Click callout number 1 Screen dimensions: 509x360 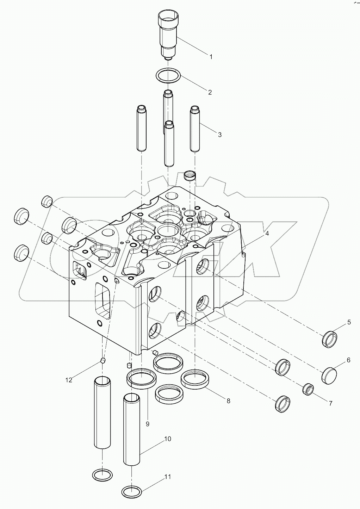pyautogui.click(x=211, y=57)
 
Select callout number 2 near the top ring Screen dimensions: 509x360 pyautogui.click(x=210, y=92)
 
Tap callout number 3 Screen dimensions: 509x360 pyautogui.click(x=219, y=135)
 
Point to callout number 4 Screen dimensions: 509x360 pyautogui.click(x=267, y=234)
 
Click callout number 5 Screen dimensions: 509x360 pyautogui.click(x=349, y=322)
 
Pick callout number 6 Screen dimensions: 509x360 pyautogui.click(x=348, y=360)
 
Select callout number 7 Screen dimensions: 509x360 pyautogui.click(x=330, y=404)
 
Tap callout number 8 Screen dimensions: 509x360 pyautogui.click(x=228, y=401)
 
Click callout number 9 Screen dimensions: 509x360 pyautogui.click(x=147, y=424)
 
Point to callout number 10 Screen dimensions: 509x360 pyautogui.click(x=167, y=439)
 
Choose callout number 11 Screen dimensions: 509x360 pyautogui.click(x=168, y=477)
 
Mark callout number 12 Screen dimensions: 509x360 pyautogui.click(x=69, y=380)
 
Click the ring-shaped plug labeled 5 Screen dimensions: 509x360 pyautogui.click(x=330, y=339)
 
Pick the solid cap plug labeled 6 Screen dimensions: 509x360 pyautogui.click(x=330, y=375)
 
